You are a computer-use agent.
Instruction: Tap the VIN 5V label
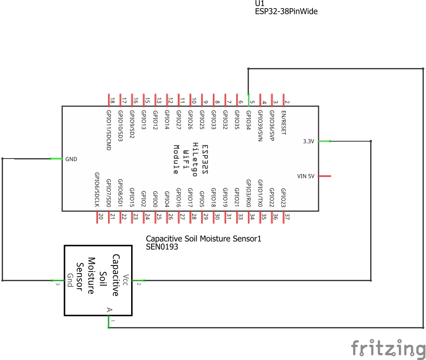306,176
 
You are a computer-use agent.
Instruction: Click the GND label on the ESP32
71,159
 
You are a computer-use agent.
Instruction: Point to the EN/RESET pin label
284,123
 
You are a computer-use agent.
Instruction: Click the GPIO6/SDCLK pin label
97,189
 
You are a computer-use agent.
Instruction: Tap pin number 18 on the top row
112,101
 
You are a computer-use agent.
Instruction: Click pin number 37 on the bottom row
287,217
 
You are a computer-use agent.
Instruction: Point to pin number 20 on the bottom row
100,217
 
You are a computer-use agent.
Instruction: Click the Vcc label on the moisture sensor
126,277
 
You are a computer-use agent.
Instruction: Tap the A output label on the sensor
110,310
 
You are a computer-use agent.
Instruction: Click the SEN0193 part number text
162,247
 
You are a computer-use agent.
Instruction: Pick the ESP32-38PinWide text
286,12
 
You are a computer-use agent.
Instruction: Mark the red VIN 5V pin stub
325,176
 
